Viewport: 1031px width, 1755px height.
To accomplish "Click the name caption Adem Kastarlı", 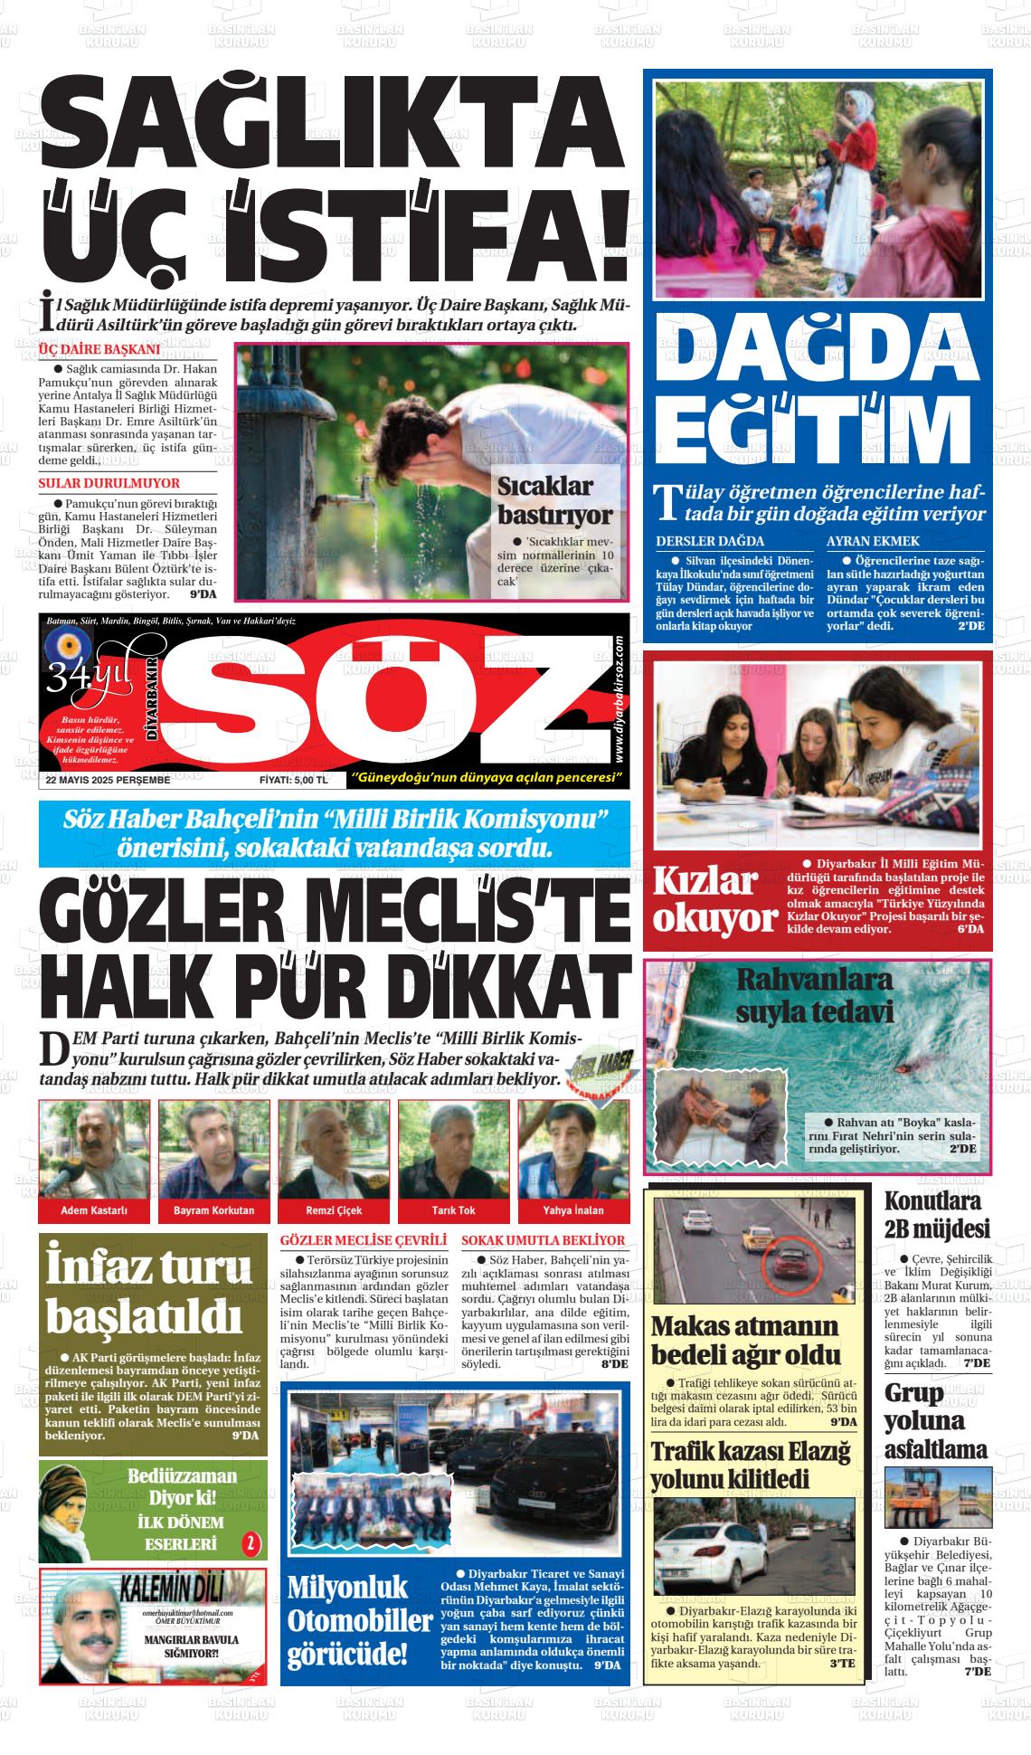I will coord(94,1210).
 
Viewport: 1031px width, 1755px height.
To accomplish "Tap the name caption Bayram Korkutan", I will coord(214,1210).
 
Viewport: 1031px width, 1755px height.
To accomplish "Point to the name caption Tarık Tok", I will coord(454,1210).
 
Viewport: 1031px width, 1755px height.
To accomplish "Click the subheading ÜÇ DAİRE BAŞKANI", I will coord(99,349).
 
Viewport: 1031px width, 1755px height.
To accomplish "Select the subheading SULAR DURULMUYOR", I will coord(109,483).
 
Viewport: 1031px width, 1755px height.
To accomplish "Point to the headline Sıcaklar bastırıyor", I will coord(554,500).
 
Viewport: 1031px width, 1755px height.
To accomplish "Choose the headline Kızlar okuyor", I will coord(714,899).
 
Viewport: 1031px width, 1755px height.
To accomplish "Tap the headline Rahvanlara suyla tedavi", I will coord(814,995).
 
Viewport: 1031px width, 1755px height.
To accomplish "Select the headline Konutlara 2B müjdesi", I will coord(937,1215).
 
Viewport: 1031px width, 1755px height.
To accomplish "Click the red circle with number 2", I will coord(251,1543).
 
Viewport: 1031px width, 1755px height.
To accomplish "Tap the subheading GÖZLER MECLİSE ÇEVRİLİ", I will coord(364,1240).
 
